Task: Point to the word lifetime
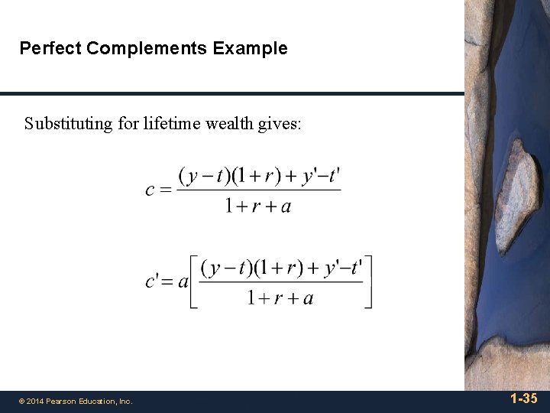(169, 123)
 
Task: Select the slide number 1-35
(523, 398)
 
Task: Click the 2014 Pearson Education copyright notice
(76, 401)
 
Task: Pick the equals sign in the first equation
(166, 190)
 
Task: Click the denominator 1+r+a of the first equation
(258, 206)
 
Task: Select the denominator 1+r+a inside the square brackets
(280, 298)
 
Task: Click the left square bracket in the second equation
(194, 281)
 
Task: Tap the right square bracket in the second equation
(368, 281)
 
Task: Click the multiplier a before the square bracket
(183, 282)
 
